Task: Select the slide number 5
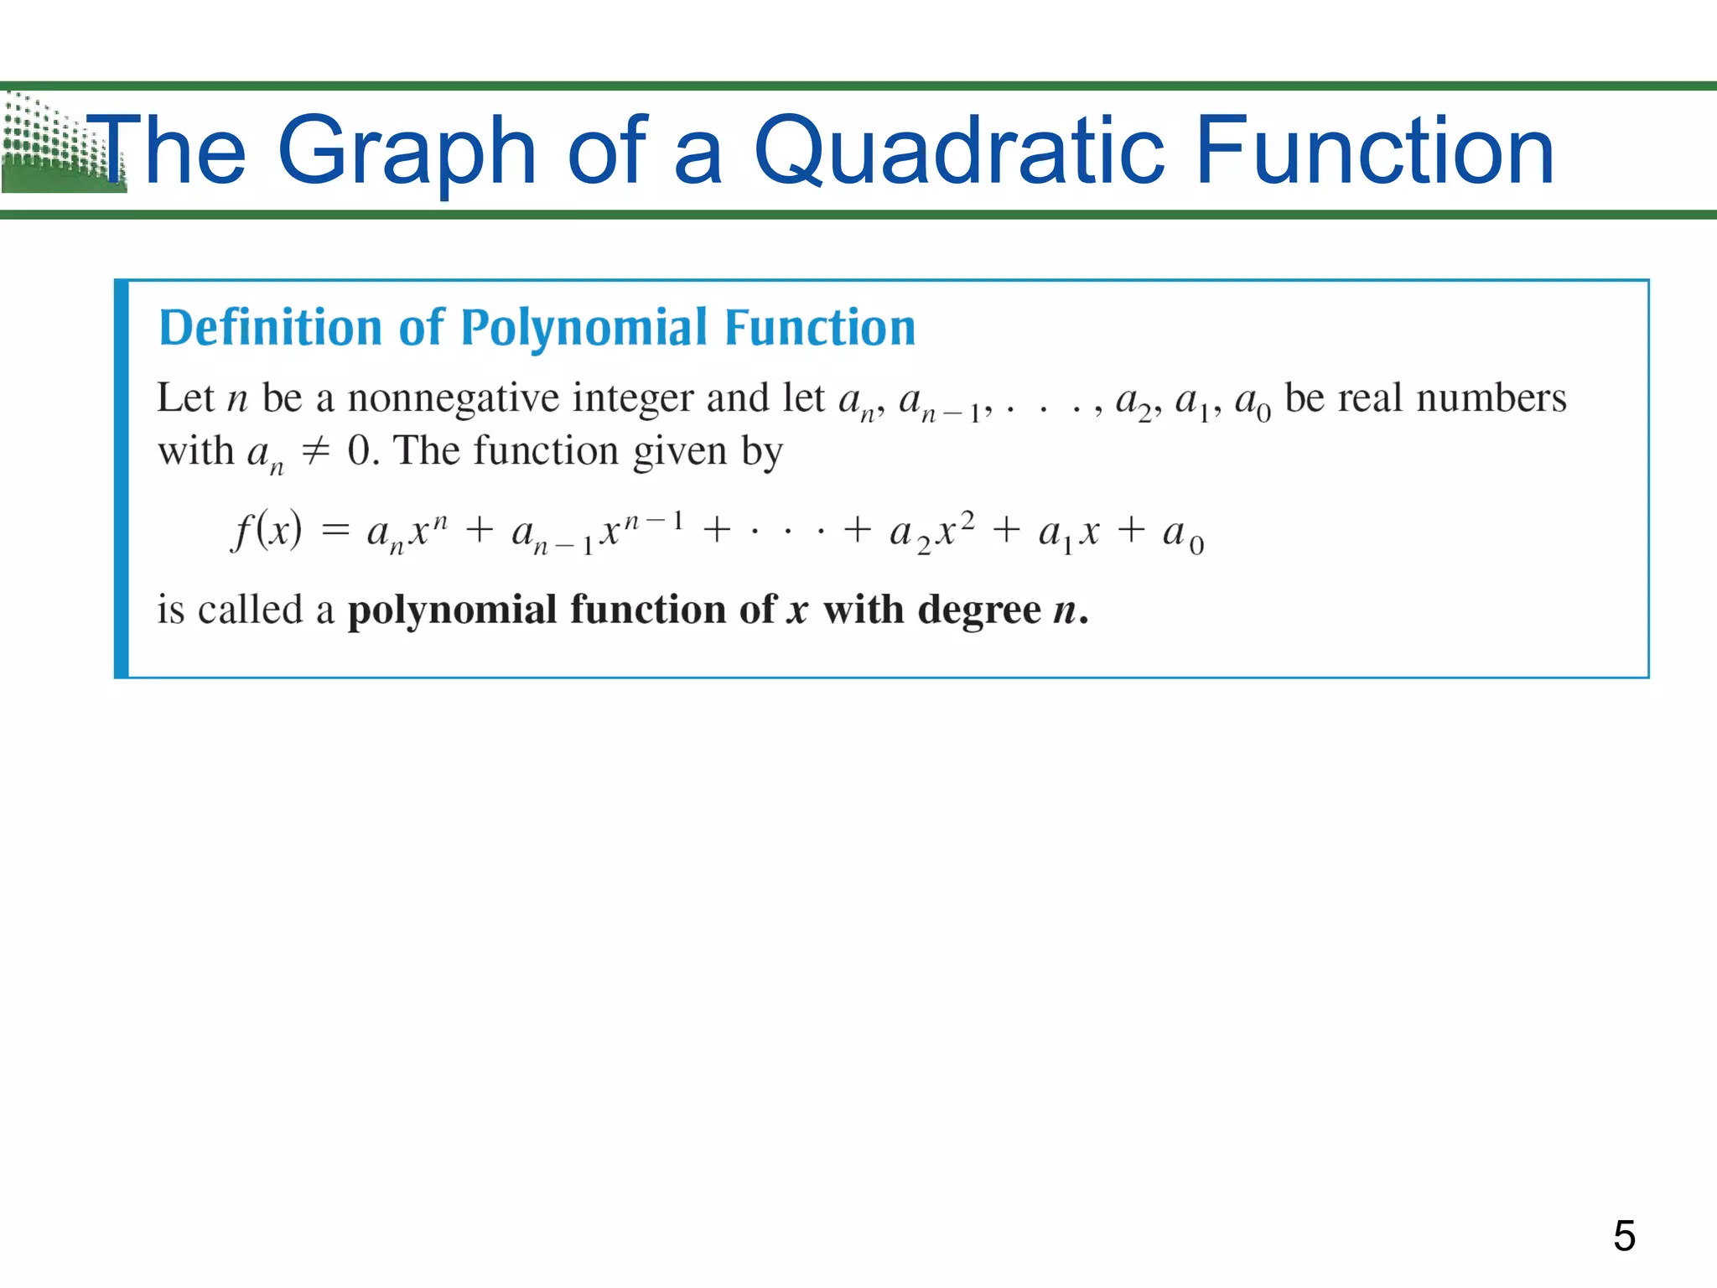coord(1624,1235)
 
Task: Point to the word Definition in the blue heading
coord(270,327)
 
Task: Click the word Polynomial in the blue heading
coord(584,327)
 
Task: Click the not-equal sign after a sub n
coord(315,452)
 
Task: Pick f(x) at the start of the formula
coord(267,531)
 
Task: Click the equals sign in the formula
coord(335,531)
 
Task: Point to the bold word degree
coord(978,610)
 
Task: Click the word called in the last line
coord(250,610)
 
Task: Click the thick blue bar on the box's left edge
coord(122,479)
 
